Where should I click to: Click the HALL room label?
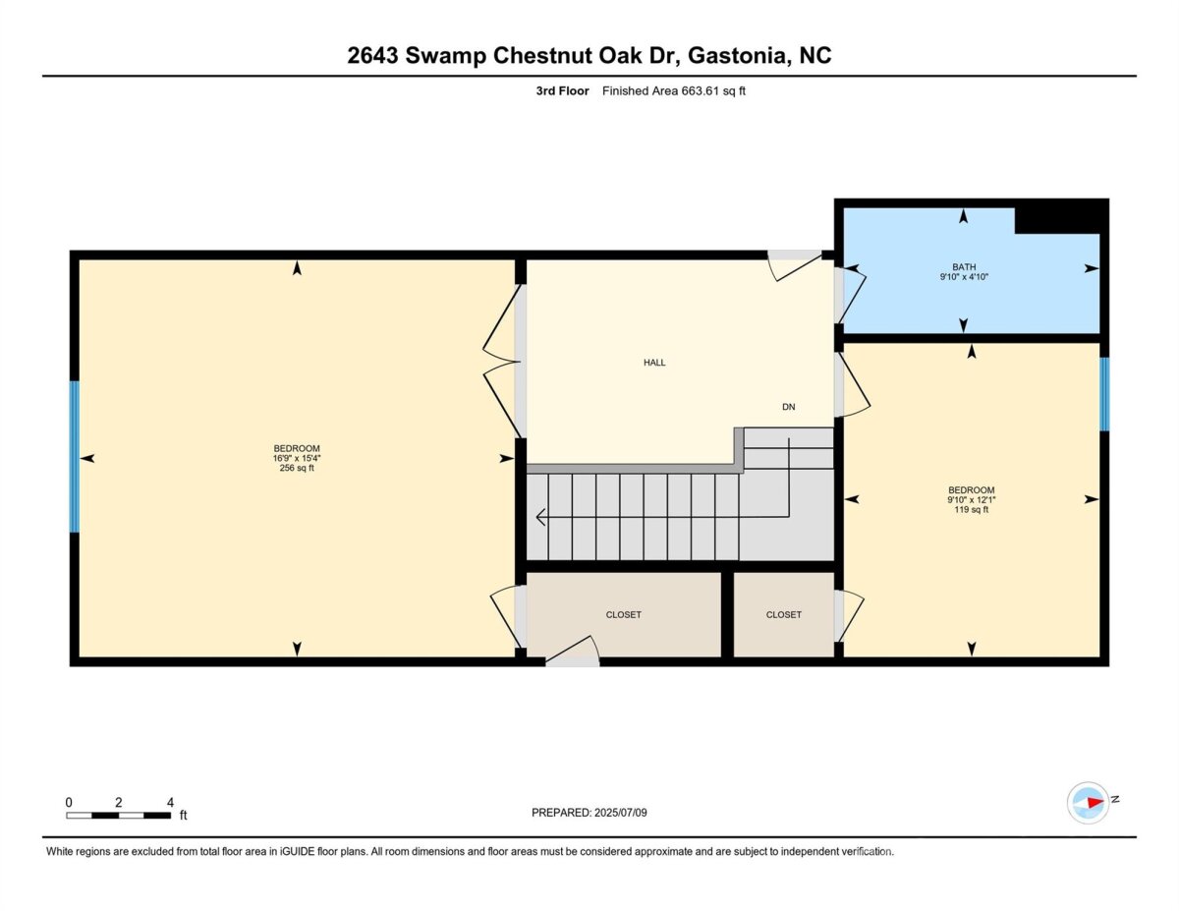654,363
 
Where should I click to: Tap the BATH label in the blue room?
964,267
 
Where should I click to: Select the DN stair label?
788,407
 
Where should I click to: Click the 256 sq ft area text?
297,468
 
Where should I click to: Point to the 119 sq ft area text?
971,509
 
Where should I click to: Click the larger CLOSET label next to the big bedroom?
624,615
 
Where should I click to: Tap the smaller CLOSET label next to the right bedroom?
783,615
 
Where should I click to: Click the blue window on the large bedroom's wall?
75,457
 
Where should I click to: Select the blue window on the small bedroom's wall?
1104,394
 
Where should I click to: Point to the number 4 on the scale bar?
170,802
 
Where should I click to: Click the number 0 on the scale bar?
69,802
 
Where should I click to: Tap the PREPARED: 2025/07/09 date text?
589,813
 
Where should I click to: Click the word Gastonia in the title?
737,55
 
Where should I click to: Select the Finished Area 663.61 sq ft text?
674,91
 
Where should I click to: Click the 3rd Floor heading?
563,91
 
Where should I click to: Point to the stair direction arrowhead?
540,517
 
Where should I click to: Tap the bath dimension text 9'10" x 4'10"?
964,277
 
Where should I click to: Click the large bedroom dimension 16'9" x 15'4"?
297,458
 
